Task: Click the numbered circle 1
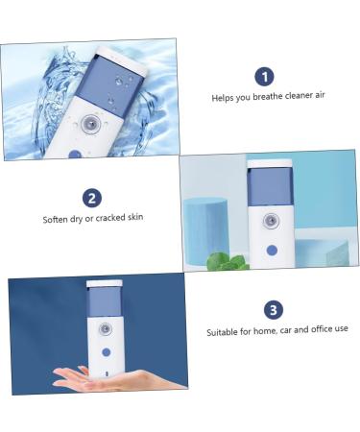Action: click(x=264, y=77)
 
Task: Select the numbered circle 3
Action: click(x=274, y=310)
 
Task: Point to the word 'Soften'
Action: click(x=56, y=219)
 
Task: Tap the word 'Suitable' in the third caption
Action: click(x=224, y=331)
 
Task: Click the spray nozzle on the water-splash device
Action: click(x=89, y=124)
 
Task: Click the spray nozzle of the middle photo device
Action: click(x=272, y=221)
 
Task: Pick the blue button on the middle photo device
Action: click(x=272, y=250)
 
